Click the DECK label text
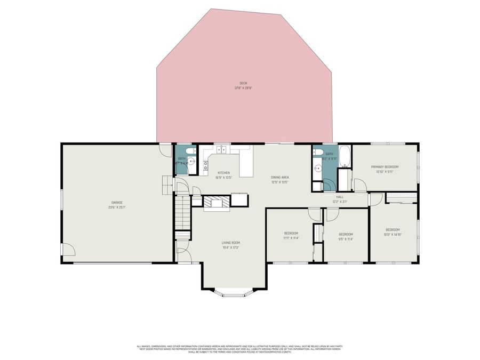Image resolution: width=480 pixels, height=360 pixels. click(x=243, y=83)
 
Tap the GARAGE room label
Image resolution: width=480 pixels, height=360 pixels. click(x=117, y=202)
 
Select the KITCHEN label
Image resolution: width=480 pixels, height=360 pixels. click(x=223, y=172)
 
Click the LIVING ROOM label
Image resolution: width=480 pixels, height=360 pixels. click(x=230, y=243)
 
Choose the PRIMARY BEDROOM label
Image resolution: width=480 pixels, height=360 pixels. click(x=385, y=166)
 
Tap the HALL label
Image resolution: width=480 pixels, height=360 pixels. click(x=340, y=196)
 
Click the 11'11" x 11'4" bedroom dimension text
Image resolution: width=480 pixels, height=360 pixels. click(x=291, y=238)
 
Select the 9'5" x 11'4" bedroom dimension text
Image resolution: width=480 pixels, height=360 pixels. click(x=346, y=239)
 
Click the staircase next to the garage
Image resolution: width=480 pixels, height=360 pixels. click(x=182, y=212)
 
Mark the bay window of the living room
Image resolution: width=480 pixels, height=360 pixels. click(x=233, y=291)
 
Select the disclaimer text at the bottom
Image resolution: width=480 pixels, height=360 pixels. click(x=239, y=349)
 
